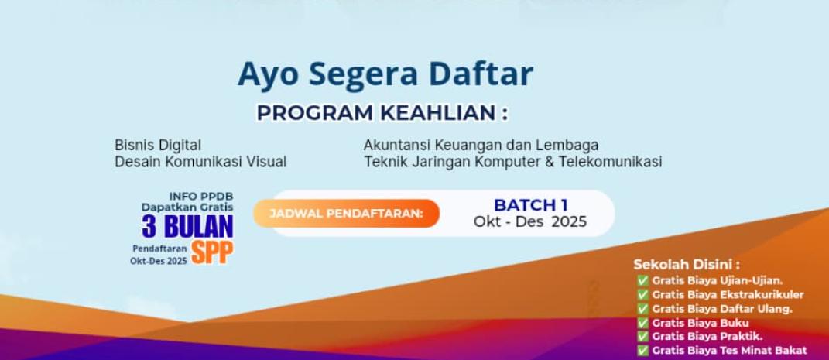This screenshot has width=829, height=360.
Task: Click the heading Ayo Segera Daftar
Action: click(385, 74)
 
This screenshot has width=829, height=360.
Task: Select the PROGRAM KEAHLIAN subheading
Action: click(382, 113)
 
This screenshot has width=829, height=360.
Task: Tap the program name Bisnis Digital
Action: click(158, 145)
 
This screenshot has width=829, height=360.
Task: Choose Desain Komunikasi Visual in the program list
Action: click(200, 162)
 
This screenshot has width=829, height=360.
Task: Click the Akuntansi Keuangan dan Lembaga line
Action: click(481, 145)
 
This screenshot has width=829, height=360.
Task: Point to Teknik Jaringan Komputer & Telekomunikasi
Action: click(512, 162)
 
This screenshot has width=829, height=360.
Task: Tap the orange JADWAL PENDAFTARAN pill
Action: click(346, 213)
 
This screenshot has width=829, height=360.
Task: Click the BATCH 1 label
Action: click(530, 204)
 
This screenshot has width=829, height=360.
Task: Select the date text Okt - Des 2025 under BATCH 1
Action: click(530, 221)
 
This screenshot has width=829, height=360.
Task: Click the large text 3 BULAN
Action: click(187, 227)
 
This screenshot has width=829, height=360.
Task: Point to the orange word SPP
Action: click(212, 252)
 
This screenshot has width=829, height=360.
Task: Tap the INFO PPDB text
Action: click(200, 196)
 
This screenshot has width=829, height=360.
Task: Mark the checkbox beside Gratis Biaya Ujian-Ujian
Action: click(642, 280)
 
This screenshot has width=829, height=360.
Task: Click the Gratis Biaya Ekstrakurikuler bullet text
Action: click(728, 294)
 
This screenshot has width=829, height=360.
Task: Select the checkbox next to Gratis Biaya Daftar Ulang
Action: click(642, 308)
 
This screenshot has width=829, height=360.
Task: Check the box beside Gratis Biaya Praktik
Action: click(642, 336)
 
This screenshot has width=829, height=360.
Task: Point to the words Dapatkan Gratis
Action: click(187, 207)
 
